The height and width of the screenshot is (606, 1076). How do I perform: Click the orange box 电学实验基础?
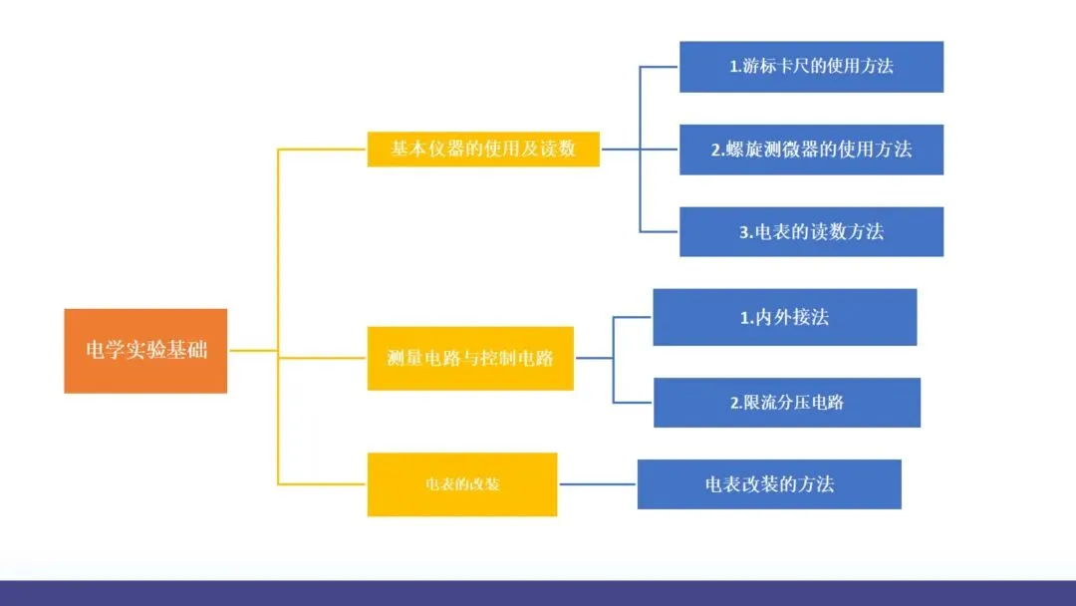(x=145, y=351)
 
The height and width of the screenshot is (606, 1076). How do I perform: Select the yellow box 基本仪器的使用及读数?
(x=483, y=149)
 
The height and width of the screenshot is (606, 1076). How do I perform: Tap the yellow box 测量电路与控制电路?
(x=470, y=358)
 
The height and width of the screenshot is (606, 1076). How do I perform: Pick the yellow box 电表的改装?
(x=462, y=484)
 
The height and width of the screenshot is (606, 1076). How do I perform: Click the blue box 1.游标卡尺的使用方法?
(x=811, y=67)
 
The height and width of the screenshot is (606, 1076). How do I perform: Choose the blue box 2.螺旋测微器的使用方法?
(x=811, y=150)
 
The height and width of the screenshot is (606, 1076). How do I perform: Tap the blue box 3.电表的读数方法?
(x=811, y=231)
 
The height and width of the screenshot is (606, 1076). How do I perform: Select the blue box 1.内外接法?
(x=784, y=317)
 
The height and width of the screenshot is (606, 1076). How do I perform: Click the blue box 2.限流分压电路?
(x=786, y=403)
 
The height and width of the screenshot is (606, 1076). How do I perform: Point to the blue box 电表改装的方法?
(x=769, y=484)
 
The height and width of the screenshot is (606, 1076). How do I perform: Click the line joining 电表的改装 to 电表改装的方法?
(x=597, y=484)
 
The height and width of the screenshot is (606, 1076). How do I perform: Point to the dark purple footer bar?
(x=538, y=593)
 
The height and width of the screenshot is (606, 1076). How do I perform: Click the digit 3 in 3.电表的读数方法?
(x=744, y=232)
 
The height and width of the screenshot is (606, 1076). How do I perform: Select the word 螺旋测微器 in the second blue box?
(x=773, y=150)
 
